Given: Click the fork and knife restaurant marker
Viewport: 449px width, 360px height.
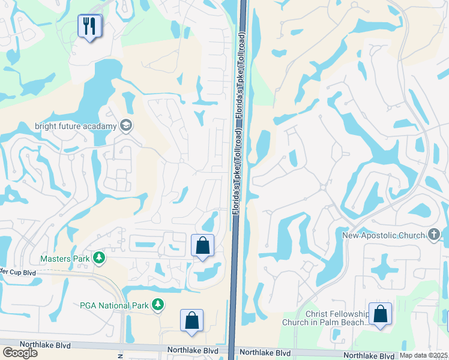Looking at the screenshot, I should pos(89,26).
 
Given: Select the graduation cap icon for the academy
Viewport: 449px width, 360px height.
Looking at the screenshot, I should pos(127,125).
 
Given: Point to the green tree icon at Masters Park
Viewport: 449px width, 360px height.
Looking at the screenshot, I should pos(98,259).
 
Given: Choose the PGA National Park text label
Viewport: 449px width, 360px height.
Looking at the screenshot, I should pos(114,305).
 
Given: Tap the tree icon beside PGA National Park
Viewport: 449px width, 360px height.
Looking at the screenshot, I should pos(158,305).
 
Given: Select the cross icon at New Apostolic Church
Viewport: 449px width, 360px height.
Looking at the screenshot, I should pos(435,235).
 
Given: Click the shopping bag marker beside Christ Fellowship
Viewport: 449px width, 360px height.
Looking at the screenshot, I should pos(380,314).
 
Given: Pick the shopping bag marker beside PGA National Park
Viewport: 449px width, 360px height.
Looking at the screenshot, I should pos(191,320).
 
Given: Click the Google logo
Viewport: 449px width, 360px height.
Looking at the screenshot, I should pos(20,352).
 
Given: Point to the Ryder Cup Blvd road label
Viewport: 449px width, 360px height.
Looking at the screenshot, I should pos(18,272).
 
